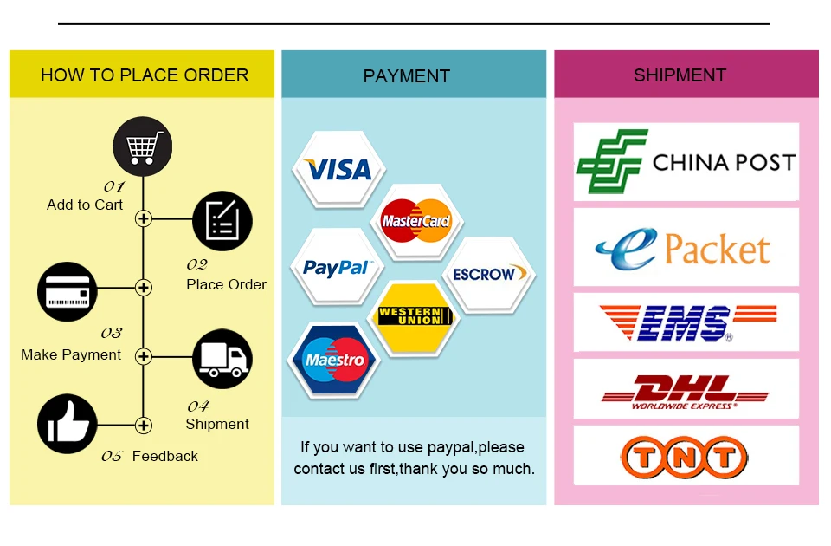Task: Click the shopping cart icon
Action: tap(143, 146)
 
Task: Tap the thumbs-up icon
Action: tap(68, 424)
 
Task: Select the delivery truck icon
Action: tap(222, 359)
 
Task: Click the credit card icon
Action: tap(68, 291)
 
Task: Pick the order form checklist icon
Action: tap(222, 221)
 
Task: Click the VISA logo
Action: tap(338, 170)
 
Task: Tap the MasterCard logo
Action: tap(416, 221)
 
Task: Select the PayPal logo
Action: tap(337, 268)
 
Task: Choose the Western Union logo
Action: tap(415, 316)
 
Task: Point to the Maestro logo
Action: tap(335, 360)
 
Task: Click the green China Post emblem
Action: tap(612, 161)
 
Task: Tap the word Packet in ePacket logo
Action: tap(717, 249)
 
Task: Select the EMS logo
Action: tap(688, 322)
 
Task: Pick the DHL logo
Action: tap(686, 392)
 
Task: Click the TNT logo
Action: tap(684, 457)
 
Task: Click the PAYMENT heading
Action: tap(407, 76)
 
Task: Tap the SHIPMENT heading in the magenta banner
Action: tap(680, 75)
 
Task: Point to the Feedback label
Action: tap(164, 456)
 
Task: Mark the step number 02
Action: tap(197, 264)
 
